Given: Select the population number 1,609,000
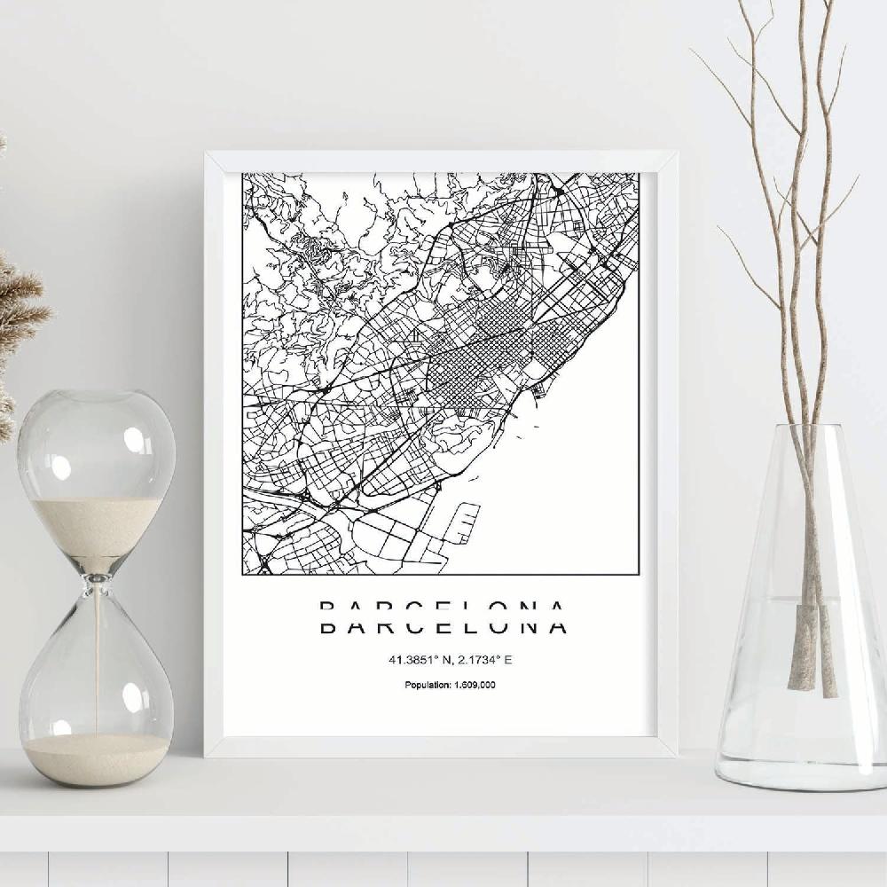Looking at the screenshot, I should pos(475,685).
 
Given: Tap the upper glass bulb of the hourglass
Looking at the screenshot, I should pos(96,452).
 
